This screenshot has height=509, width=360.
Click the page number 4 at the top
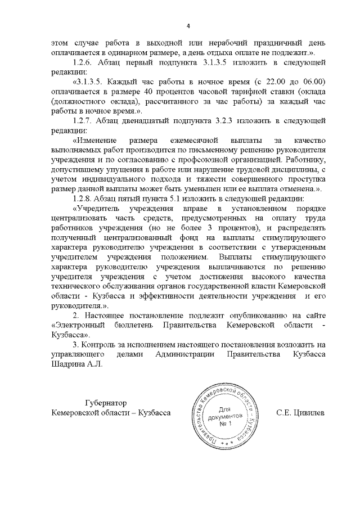tap(188, 26)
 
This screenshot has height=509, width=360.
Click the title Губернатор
tap(106, 403)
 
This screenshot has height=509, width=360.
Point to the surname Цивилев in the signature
tap(300, 413)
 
